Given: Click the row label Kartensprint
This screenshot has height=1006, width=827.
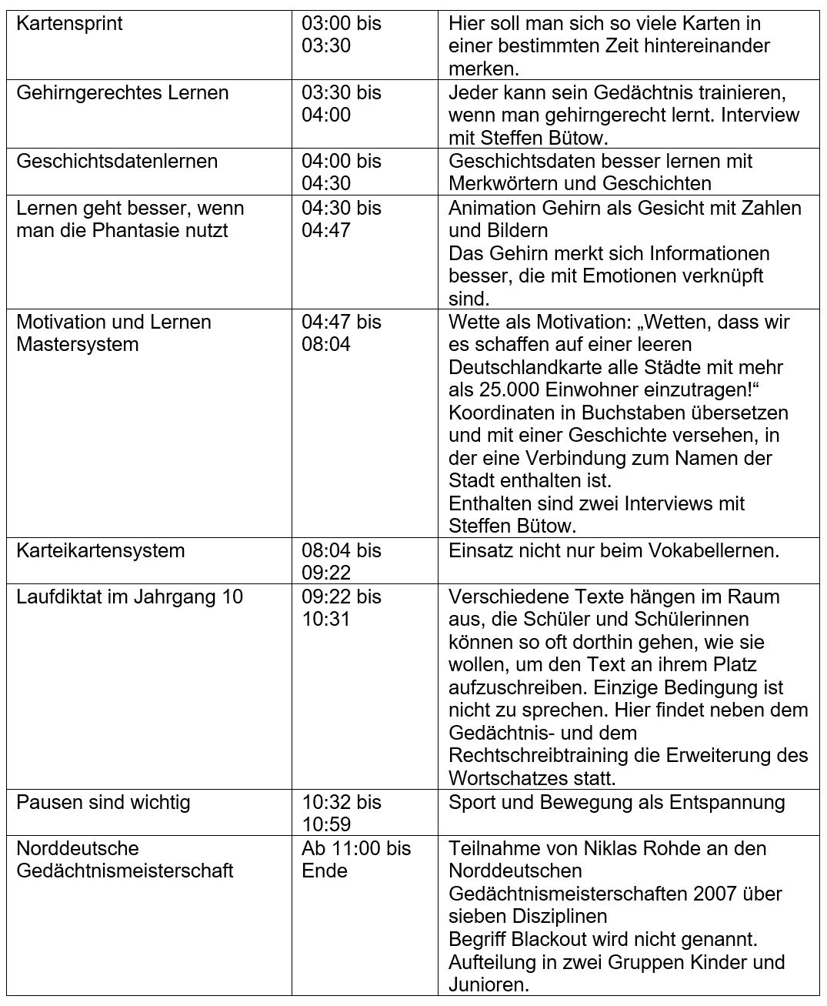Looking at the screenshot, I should [69, 24].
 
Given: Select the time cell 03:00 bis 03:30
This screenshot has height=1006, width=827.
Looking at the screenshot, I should [341, 35].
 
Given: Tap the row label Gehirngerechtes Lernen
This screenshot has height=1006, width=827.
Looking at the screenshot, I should [122, 93].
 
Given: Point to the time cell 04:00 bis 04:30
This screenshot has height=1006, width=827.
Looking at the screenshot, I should [341, 172].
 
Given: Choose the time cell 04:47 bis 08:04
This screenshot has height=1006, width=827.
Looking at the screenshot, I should [341, 333].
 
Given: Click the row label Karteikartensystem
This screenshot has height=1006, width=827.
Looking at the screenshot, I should [101, 551].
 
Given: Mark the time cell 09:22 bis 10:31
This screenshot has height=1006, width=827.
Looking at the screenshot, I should [341, 608].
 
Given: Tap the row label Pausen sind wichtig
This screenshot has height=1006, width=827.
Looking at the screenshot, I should [103, 803].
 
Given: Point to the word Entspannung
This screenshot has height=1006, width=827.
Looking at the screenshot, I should [727, 803].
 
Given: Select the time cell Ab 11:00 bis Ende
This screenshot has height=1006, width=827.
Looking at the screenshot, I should [355, 860].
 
